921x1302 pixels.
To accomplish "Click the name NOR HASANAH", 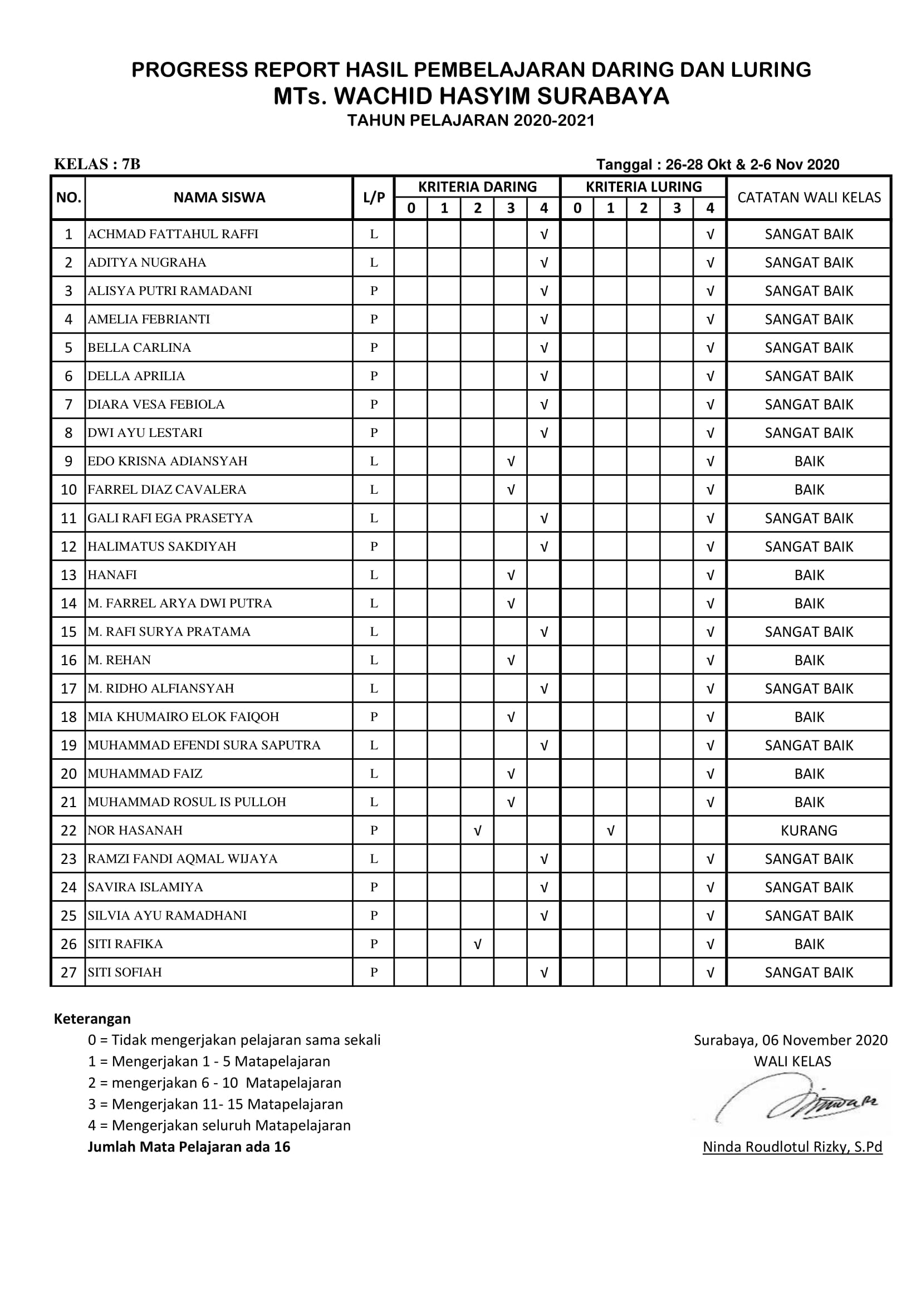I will click(x=135, y=830).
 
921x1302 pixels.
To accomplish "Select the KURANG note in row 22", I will click(x=808, y=830).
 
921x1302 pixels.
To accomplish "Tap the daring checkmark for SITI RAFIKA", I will click(x=478, y=944).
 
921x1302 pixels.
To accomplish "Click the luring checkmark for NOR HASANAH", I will click(x=610, y=830).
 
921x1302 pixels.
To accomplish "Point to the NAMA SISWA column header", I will click(x=219, y=198).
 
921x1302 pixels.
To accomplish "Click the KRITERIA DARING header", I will click(x=477, y=186).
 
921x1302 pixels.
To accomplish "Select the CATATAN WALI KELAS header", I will click(x=809, y=198).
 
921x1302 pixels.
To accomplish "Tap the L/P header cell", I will click(x=374, y=198).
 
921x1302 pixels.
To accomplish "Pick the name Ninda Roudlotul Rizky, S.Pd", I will click(x=792, y=1147).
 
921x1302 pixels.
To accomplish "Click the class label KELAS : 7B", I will click(x=97, y=164).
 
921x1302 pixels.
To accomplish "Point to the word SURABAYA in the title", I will click(x=604, y=96).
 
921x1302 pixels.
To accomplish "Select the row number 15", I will click(x=68, y=632).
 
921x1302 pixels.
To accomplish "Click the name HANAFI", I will click(x=112, y=574).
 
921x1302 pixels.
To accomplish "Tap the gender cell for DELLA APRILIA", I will click(x=374, y=376).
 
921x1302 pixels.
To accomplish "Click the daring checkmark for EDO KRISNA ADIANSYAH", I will click(x=511, y=461).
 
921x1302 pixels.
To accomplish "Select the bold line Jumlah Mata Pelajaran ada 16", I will click(x=189, y=1147).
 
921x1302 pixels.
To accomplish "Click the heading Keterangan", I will click(x=92, y=1019).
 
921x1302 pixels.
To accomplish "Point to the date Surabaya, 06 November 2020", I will click(x=791, y=1040).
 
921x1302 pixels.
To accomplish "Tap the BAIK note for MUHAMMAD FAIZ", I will click(x=809, y=774).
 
